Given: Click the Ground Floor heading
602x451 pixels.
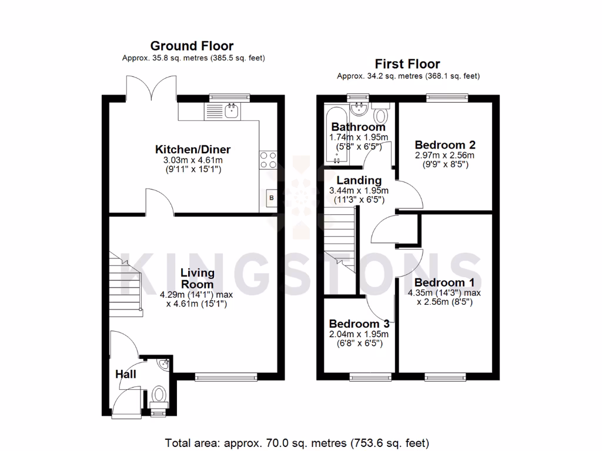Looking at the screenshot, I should [x=192, y=46].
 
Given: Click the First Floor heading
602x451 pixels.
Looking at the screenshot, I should [x=407, y=64].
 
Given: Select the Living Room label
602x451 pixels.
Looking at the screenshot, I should [x=197, y=278].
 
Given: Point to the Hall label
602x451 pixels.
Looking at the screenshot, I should [x=125, y=374].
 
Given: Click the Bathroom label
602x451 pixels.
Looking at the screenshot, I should [x=358, y=127].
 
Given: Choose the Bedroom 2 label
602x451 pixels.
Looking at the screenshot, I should [x=444, y=144].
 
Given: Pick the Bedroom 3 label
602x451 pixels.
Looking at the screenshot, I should [x=359, y=324].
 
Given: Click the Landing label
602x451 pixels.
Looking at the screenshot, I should [x=359, y=180].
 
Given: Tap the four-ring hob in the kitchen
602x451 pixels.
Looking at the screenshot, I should [x=267, y=160].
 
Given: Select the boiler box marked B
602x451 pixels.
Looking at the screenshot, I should [x=271, y=198].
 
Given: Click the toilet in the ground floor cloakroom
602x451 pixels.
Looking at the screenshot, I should [x=158, y=395].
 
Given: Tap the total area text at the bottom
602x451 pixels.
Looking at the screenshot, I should [x=297, y=442].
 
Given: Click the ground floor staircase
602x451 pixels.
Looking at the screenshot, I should [x=125, y=282].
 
